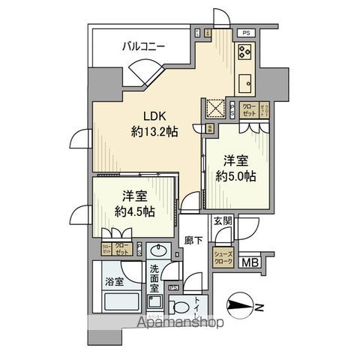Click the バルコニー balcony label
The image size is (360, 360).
pyautogui.click(x=145, y=47)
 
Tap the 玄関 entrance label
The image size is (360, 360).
pyautogui.click(x=222, y=220)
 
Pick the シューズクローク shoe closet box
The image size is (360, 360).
pyautogui.click(x=226, y=256)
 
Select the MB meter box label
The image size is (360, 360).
pyautogui.click(x=251, y=262)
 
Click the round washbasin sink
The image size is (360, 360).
pyautogui.click(x=157, y=251)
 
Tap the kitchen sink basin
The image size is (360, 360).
pyautogui.click(x=245, y=81)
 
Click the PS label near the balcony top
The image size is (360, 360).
pyautogui.click(x=244, y=32)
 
